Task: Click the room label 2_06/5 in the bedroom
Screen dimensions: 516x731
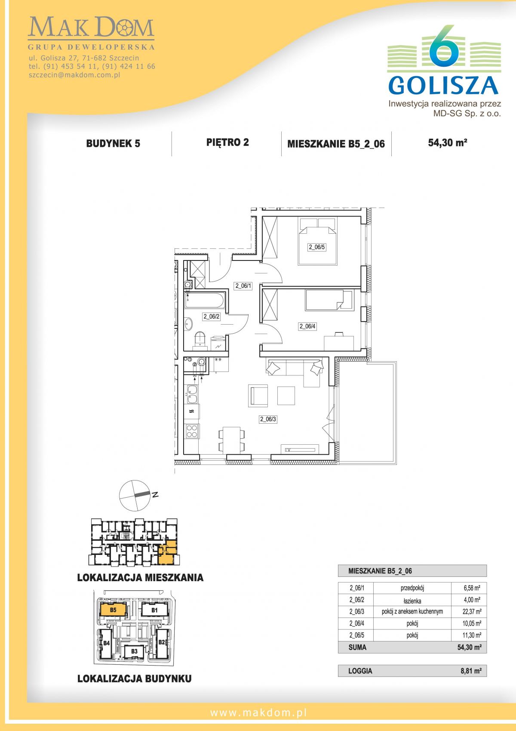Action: click(316, 247)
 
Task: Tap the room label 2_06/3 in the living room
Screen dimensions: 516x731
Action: click(268, 419)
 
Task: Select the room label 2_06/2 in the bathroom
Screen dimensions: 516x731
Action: click(212, 316)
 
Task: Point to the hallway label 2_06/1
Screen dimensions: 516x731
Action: click(243, 286)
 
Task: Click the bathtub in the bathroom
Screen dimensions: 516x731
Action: click(205, 300)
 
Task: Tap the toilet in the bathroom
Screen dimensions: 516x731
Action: click(200, 339)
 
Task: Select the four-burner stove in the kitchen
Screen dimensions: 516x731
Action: click(192, 431)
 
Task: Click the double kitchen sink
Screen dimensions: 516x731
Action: click(192, 394)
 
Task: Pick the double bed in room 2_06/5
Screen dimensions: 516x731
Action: click(318, 241)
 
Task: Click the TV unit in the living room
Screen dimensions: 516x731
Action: click(300, 449)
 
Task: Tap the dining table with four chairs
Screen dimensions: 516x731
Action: click(231, 440)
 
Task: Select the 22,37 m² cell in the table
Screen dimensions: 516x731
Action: click(472, 611)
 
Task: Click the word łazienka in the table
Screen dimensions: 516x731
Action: click(412, 601)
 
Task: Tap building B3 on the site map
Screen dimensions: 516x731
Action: click(134, 651)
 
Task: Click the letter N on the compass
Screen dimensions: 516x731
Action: click(155, 495)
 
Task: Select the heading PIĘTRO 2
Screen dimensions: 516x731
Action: click(227, 142)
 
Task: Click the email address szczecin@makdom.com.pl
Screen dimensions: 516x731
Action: click(75, 75)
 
